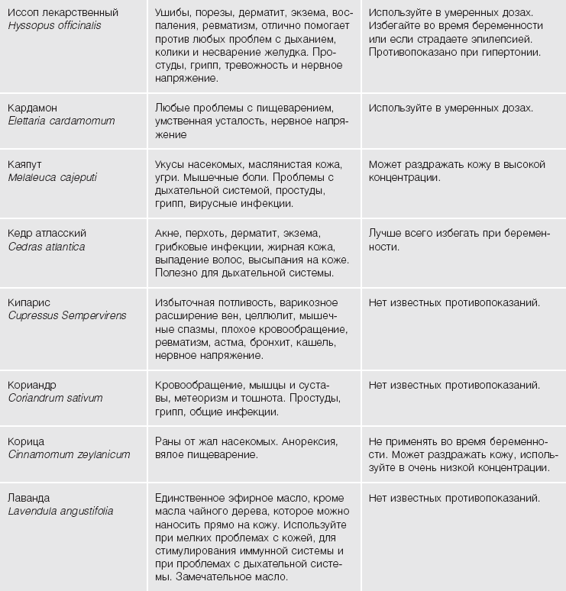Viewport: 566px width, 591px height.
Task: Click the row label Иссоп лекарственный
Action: [x=63, y=13]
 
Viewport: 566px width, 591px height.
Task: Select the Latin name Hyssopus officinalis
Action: [x=54, y=26]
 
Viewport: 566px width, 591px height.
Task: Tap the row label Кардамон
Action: [x=33, y=108]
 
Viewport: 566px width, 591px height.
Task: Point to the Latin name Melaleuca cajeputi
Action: [x=53, y=178]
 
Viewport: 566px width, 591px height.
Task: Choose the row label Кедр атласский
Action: [x=47, y=233]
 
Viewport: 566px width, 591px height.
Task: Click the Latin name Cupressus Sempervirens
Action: [x=67, y=315]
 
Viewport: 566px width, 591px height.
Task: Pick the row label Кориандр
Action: [x=32, y=385]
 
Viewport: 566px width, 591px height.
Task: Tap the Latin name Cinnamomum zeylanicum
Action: [x=69, y=454]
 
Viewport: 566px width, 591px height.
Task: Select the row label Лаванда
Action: [x=28, y=498]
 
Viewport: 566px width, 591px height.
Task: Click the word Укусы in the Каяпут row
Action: [x=170, y=164]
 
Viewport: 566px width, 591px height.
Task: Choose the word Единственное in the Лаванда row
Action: [x=189, y=499]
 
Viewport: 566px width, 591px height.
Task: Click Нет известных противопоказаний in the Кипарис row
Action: [x=454, y=302]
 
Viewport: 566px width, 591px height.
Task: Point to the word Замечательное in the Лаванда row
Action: [x=212, y=577]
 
